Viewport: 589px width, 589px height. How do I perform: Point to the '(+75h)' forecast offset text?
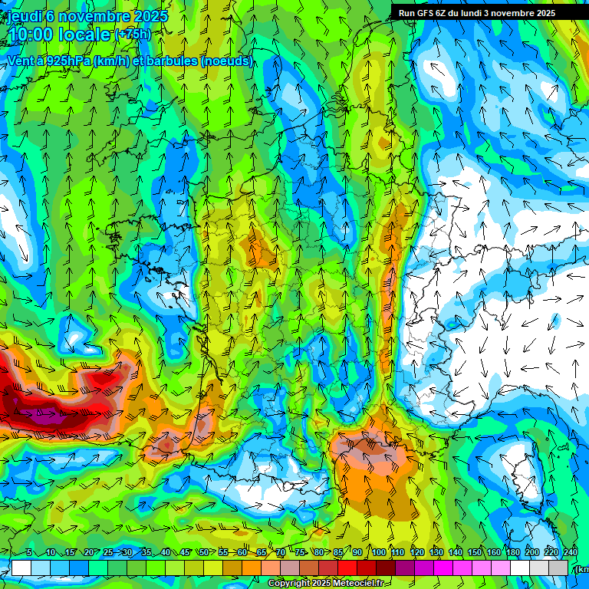133,34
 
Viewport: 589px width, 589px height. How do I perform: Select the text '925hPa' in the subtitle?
68,61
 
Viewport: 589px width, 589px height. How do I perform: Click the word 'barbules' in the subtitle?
173,61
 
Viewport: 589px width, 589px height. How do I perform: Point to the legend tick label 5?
29,553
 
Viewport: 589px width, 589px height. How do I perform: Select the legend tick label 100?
379,553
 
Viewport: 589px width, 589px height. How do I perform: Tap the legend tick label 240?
571,553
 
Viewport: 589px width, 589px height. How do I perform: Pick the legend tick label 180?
513,553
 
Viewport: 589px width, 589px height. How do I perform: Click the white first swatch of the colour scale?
21,568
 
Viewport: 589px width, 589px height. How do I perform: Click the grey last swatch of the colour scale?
559,568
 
